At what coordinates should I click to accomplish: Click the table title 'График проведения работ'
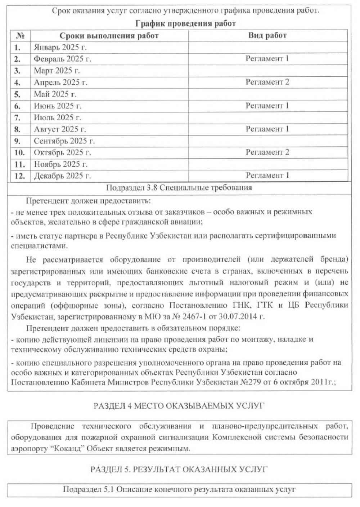coord(185,24)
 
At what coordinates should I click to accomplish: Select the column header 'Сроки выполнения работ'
coord(109,35)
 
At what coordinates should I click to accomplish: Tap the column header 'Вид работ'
coord(267,35)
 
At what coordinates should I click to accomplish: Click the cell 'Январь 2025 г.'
coord(60,47)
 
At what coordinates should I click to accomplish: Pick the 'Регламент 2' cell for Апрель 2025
coord(267,82)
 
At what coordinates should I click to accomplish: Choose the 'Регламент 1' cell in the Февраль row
coord(267,59)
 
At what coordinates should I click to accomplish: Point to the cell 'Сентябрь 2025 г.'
coord(64,141)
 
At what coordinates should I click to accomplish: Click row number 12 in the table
coord(19,176)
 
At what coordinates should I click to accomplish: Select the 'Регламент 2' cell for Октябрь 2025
coord(267,152)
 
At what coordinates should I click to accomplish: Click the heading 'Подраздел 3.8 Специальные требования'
coord(179,188)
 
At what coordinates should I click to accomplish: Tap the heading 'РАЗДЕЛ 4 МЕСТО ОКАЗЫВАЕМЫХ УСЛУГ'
coord(179,406)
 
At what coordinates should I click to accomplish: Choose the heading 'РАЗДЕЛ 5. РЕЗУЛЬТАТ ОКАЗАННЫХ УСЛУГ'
coord(179,469)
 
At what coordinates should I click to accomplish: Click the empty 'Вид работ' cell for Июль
coord(267,117)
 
